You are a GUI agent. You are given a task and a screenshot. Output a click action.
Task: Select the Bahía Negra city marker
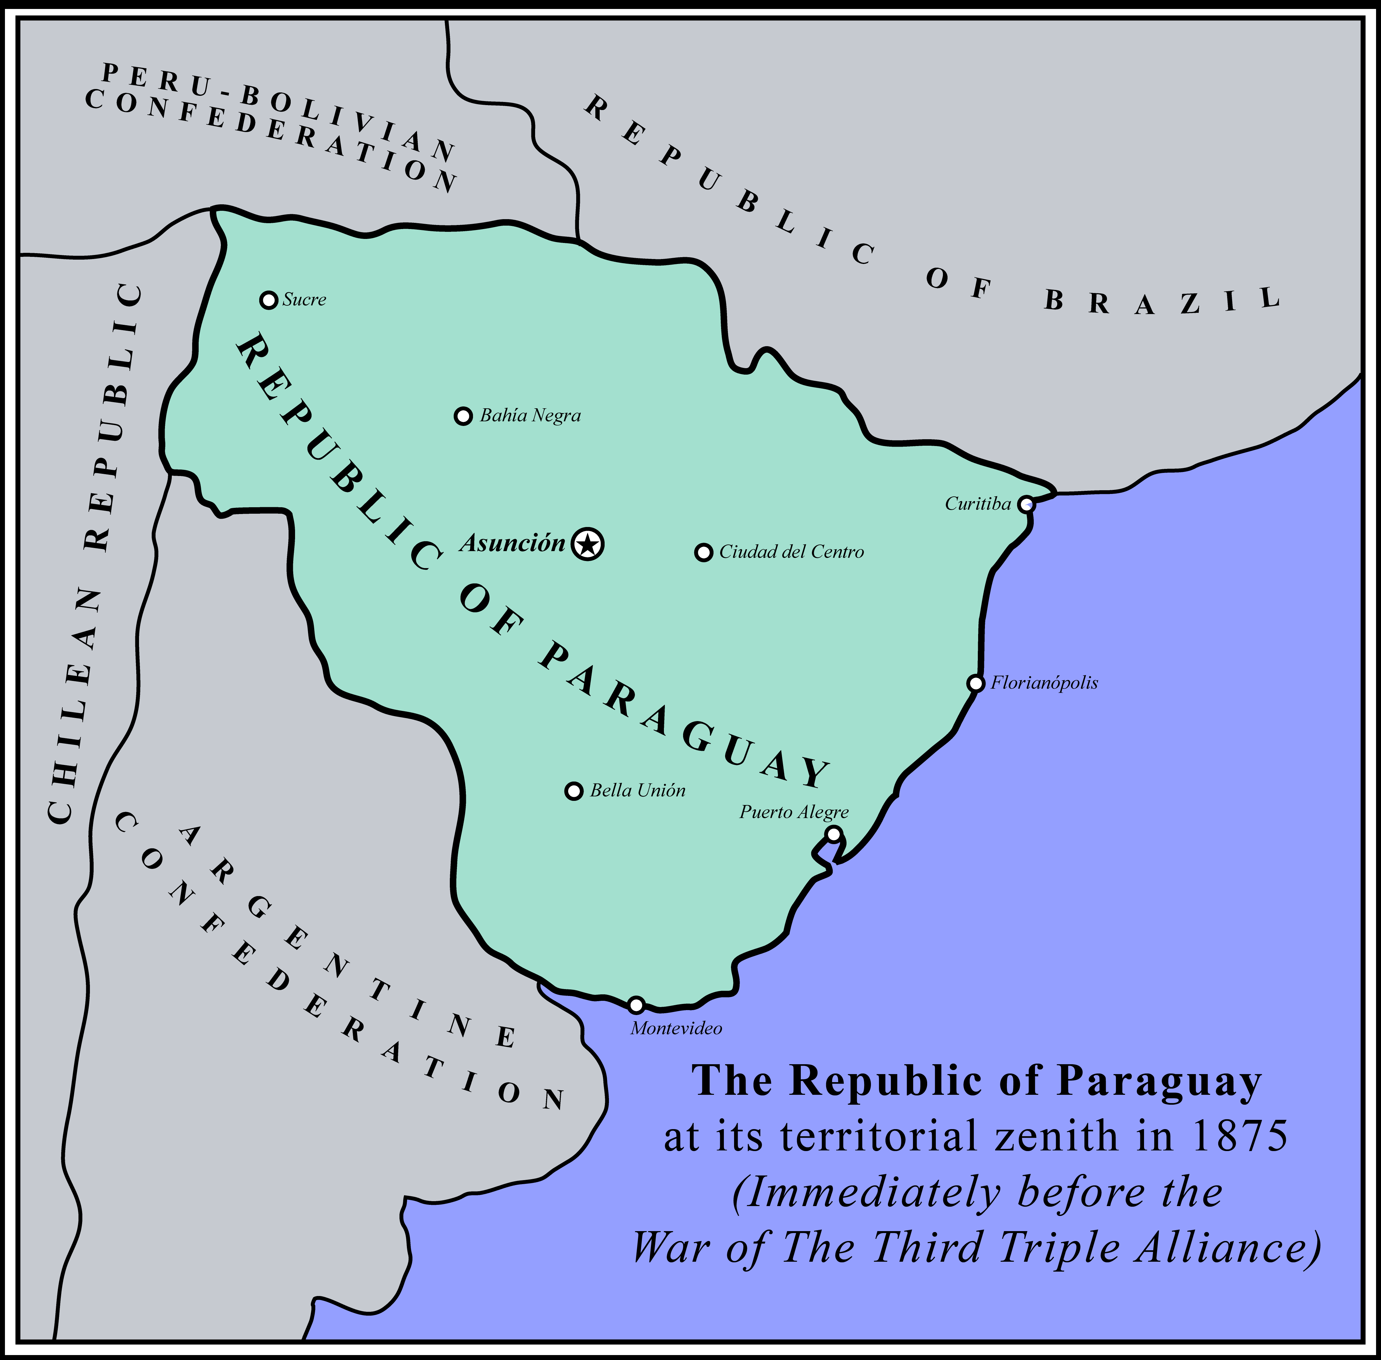tap(463, 416)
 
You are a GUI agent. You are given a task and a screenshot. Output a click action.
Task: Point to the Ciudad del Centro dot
tap(703, 552)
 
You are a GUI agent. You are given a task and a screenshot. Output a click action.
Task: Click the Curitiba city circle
tap(1026, 504)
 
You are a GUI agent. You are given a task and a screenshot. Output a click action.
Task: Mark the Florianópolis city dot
tap(975, 683)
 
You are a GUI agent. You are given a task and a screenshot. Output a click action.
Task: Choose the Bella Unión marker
tap(573, 791)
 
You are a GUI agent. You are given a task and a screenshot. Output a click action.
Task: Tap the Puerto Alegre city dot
tap(833, 834)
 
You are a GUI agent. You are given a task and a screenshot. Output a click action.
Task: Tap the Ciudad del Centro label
tap(791, 552)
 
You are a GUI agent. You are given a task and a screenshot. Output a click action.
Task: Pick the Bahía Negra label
tap(530, 416)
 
